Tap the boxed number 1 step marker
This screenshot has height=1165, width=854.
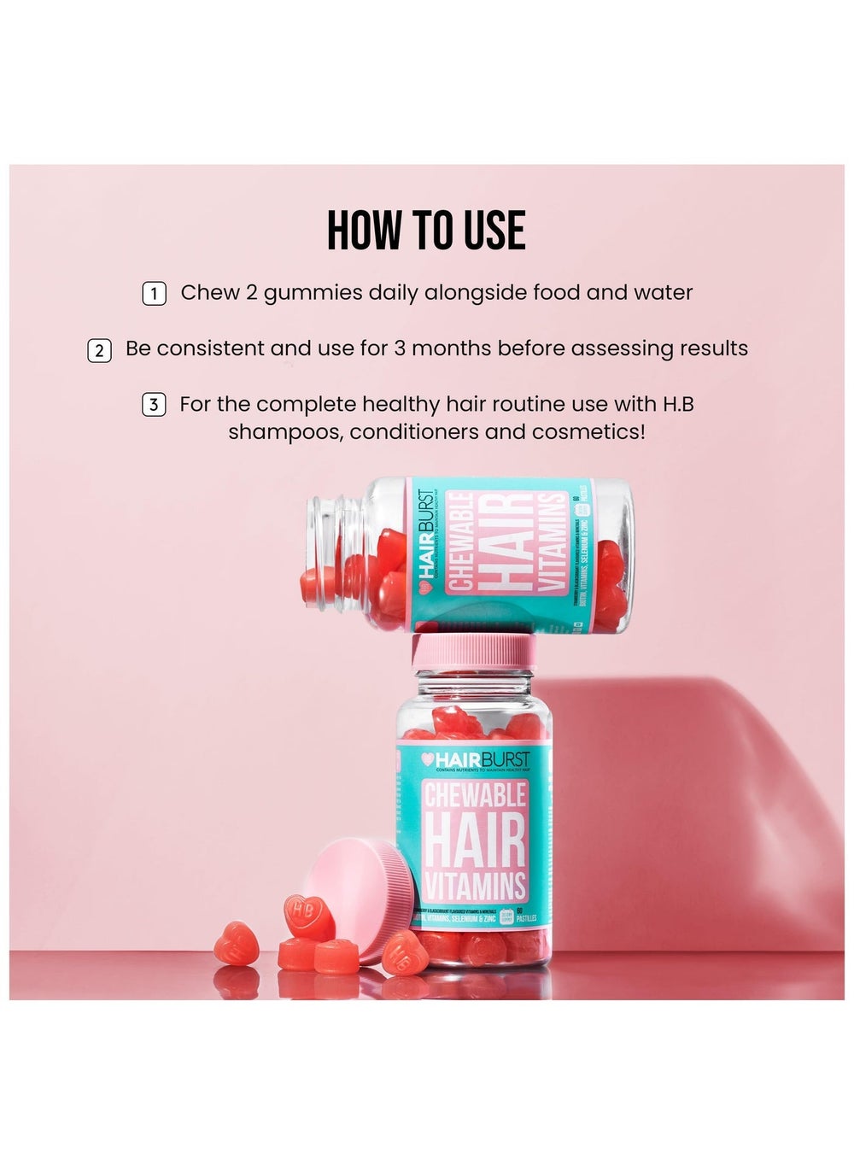pyautogui.click(x=153, y=294)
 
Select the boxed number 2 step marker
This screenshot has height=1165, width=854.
pyautogui.click(x=99, y=350)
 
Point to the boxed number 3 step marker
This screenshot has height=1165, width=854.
pyautogui.click(x=153, y=405)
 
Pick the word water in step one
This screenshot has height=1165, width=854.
pyautogui.click(x=663, y=293)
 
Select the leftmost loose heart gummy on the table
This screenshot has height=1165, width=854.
pyautogui.click(x=236, y=943)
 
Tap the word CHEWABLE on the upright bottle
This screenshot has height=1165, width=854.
pyautogui.click(x=475, y=796)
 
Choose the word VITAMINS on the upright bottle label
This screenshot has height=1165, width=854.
pyautogui.click(x=475, y=886)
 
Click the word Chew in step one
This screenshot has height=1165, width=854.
pyautogui.click(x=210, y=293)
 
